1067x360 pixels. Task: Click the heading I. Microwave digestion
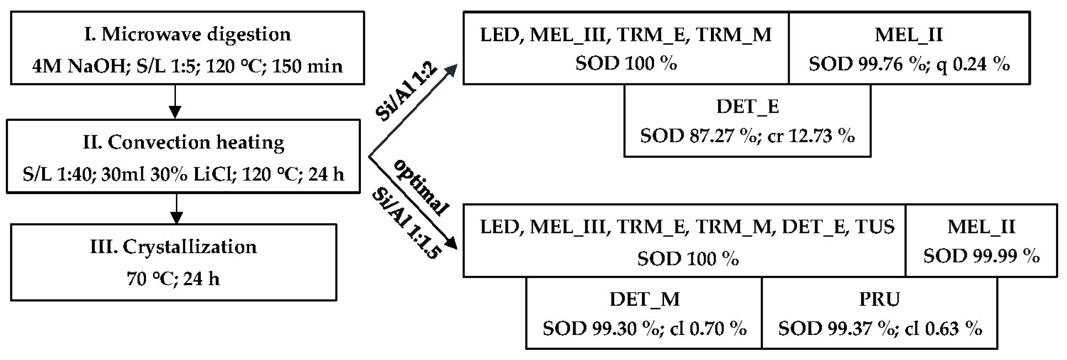tap(187, 35)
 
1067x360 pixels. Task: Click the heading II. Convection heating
tap(184, 143)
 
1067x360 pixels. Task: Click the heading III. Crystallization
tap(173, 247)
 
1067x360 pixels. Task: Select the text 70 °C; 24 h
tap(173, 279)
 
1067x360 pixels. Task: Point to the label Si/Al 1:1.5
tap(406, 223)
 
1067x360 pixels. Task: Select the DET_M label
tap(644, 299)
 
